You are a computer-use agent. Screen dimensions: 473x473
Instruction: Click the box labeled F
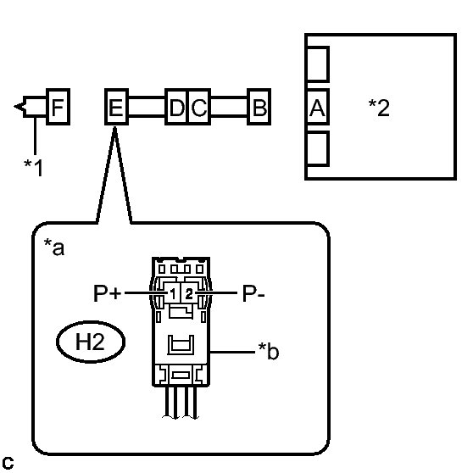[58, 107]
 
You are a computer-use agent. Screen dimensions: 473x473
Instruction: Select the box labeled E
[116, 107]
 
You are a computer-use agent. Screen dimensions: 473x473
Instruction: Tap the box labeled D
[176, 107]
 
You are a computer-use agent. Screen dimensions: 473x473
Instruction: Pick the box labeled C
[199, 107]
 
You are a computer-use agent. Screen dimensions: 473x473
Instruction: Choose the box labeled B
[259, 107]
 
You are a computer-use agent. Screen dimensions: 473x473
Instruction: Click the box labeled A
[317, 107]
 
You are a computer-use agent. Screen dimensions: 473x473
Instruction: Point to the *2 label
[379, 108]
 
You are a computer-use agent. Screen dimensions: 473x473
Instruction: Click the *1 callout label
[34, 168]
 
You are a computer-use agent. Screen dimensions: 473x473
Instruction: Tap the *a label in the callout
[54, 247]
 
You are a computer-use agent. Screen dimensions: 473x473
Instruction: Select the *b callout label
[269, 351]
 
